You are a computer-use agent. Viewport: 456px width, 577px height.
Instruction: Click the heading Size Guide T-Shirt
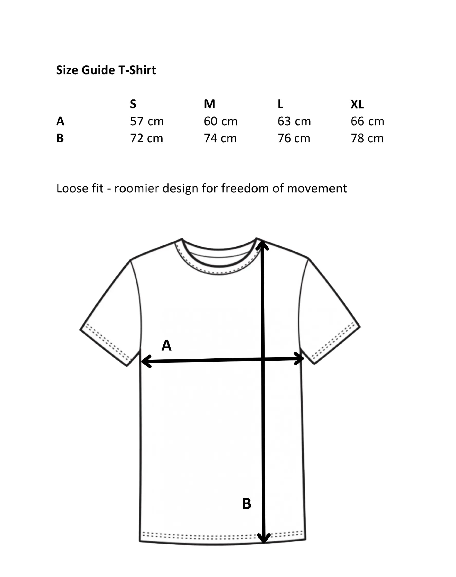pyautogui.click(x=106, y=70)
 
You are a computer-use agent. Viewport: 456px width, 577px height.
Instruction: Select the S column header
pyautogui.click(x=133, y=104)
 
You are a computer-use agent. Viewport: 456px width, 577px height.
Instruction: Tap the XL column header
pyautogui.click(x=357, y=104)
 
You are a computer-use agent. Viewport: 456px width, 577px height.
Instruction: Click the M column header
pyautogui.click(x=209, y=104)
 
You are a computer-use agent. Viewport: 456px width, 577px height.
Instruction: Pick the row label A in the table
pyautogui.click(x=60, y=122)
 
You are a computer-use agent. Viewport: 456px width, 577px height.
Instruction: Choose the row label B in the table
pyautogui.click(x=60, y=138)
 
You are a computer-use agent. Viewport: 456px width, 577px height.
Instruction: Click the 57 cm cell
pyautogui.click(x=147, y=122)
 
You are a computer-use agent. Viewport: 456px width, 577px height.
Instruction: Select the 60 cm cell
pyautogui.click(x=220, y=122)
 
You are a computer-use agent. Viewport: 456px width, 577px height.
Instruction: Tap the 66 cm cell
pyautogui.click(x=367, y=122)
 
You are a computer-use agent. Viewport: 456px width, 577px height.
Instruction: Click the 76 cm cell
pyautogui.click(x=294, y=138)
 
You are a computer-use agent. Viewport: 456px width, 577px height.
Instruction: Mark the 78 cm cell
pyautogui.click(x=367, y=138)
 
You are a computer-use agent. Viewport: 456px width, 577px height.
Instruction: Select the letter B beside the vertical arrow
pyautogui.click(x=247, y=504)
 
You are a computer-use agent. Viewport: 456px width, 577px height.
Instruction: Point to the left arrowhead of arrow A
pyautogui.click(x=144, y=361)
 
